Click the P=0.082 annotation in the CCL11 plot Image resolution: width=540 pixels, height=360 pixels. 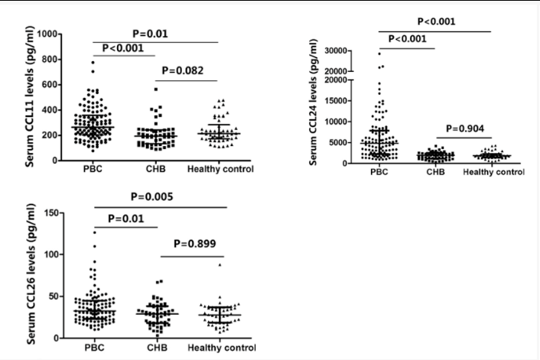point(187,69)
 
